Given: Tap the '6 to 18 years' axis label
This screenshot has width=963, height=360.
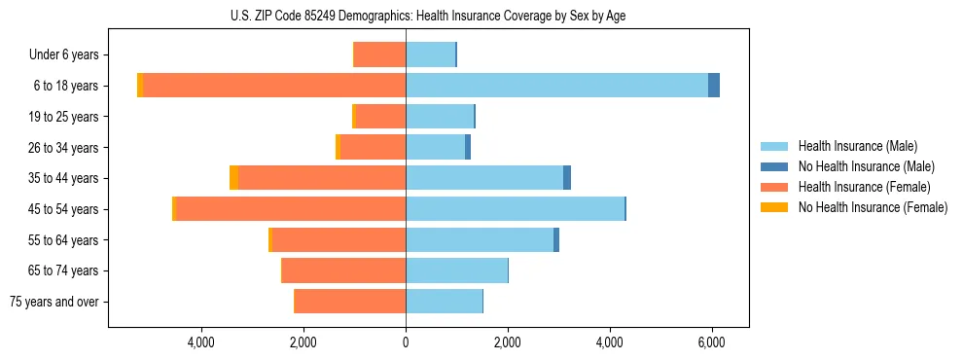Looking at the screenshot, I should click(65, 86).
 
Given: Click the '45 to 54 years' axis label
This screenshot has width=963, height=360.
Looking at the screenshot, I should click(63, 209).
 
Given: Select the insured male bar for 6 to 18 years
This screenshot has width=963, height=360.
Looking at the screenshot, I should click(556, 86).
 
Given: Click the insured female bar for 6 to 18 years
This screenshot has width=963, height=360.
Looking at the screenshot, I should click(274, 86).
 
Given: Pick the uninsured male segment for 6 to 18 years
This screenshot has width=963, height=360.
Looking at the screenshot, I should click(714, 86).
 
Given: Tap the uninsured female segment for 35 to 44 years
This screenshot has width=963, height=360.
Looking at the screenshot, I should click(233, 178).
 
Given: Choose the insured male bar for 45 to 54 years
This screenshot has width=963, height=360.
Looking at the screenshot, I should click(515, 209).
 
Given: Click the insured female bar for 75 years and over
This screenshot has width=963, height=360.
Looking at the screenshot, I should click(350, 302).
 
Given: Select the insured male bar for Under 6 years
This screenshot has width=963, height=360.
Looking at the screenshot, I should click(430, 54).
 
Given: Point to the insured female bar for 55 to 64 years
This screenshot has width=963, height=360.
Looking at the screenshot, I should click(339, 239).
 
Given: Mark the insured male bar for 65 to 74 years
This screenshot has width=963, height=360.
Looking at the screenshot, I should click(456, 270).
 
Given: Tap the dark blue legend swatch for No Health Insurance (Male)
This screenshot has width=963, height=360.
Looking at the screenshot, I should click(774, 166).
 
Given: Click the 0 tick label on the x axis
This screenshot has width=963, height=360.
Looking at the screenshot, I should click(406, 342).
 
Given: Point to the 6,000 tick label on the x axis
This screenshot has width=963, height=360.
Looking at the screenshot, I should click(712, 342).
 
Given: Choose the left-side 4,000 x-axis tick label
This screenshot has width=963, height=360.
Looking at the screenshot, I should click(201, 342).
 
